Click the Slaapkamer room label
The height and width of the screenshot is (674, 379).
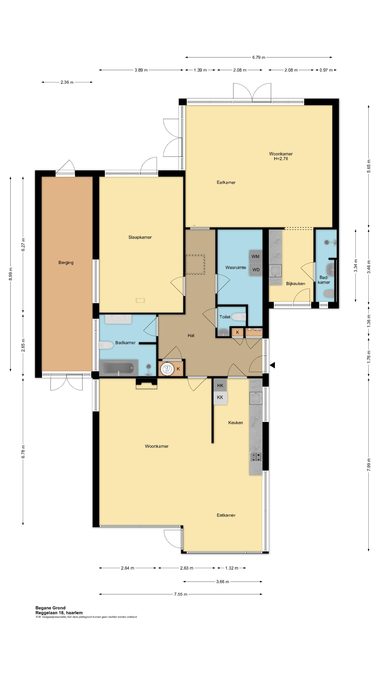pyautogui.click(x=140, y=237)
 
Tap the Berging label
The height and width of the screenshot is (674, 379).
pyautogui.click(x=66, y=262)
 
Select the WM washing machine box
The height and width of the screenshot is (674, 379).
pyautogui.click(x=255, y=256)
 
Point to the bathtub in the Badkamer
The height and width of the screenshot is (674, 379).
pyautogui.click(x=118, y=368)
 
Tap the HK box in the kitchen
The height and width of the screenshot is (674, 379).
pyautogui.click(x=220, y=385)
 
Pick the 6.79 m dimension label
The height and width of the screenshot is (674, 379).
pyautogui.click(x=259, y=57)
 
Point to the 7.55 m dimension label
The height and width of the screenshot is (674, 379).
pyautogui.click(x=181, y=594)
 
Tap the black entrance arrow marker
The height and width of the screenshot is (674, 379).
pyautogui.click(x=272, y=365)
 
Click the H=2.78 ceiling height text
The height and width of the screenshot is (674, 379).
pyautogui.click(x=281, y=158)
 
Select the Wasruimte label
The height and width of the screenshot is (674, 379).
pyautogui.click(x=236, y=267)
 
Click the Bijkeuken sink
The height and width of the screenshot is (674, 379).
pyautogui.click(x=276, y=271)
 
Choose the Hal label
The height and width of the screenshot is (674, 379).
pyautogui.click(x=191, y=335)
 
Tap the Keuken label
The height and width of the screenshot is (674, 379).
pyautogui.click(x=236, y=422)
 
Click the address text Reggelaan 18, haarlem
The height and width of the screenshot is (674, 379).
pyautogui.click(x=59, y=613)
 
